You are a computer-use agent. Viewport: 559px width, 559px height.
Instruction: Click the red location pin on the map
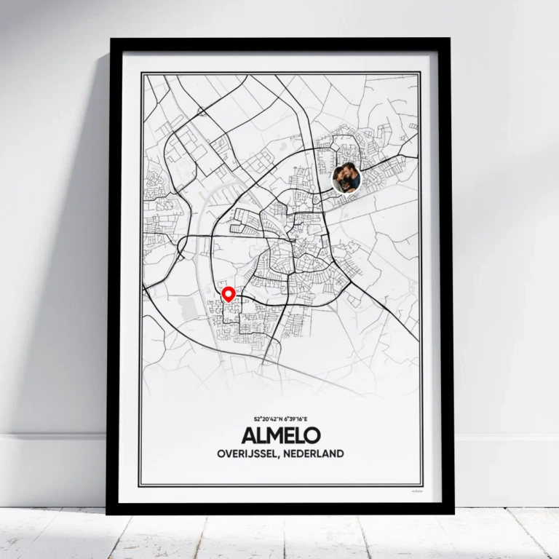pyautogui.click(x=229, y=295)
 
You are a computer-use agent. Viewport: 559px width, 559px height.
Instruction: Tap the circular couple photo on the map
pyautogui.click(x=346, y=178)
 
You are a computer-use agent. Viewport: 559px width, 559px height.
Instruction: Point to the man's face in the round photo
pyautogui.click(x=351, y=174)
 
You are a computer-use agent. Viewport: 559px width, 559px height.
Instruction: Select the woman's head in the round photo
pyautogui.click(x=341, y=176)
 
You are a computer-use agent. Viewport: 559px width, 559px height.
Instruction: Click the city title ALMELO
pyautogui.click(x=279, y=436)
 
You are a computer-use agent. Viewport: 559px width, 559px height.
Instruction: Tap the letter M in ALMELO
pyautogui.click(x=275, y=436)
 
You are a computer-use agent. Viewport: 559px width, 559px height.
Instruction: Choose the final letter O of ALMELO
pyautogui.click(x=312, y=436)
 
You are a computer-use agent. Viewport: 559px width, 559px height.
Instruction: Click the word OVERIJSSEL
pyautogui.click(x=249, y=453)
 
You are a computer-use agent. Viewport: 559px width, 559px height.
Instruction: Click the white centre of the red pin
pyautogui.click(x=229, y=293)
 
